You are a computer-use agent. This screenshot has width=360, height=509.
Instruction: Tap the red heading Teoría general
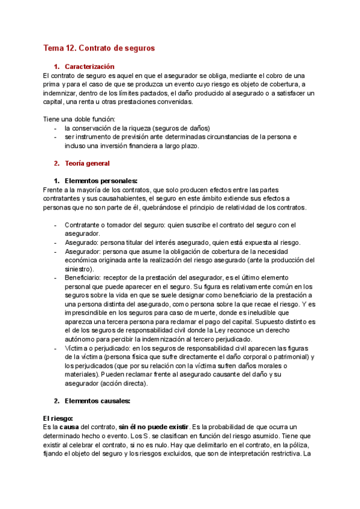pos(87,163)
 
